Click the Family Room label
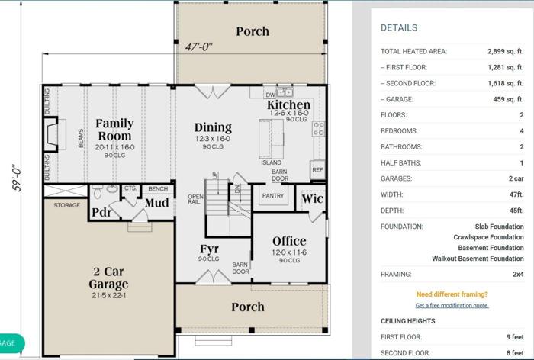[x=114, y=130]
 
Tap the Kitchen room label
[x=288, y=105]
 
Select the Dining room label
[x=213, y=127]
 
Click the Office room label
[x=289, y=241]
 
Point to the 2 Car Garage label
[x=108, y=278]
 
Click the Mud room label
[x=157, y=203]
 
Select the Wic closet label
[x=312, y=199]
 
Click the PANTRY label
[x=272, y=196]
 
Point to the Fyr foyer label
[x=210, y=249]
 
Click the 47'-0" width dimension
[x=199, y=47]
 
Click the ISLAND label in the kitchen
[x=271, y=162]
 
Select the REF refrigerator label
[x=317, y=170]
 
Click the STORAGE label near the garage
[x=66, y=205]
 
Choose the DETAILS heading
[x=399, y=27]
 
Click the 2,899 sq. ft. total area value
[x=505, y=52]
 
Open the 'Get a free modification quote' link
[x=452, y=305]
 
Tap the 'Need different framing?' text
[x=452, y=294]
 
